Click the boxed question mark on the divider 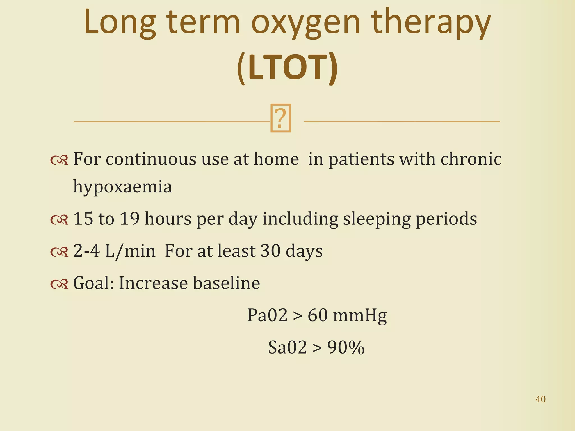point(280,118)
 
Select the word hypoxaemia point(122,187)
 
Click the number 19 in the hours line point(129,219)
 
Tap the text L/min point(130,251)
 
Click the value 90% point(346,348)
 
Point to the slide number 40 point(540,399)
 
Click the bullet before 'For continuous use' point(59,160)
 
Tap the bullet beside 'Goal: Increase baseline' point(59,284)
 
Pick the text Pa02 point(267,315)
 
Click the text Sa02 point(287,348)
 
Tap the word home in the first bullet point(276,159)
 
